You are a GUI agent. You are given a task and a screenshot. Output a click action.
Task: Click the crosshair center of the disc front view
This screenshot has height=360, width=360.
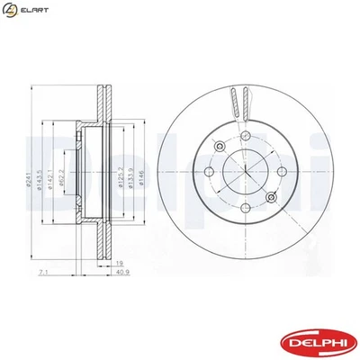coord(247,171)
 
